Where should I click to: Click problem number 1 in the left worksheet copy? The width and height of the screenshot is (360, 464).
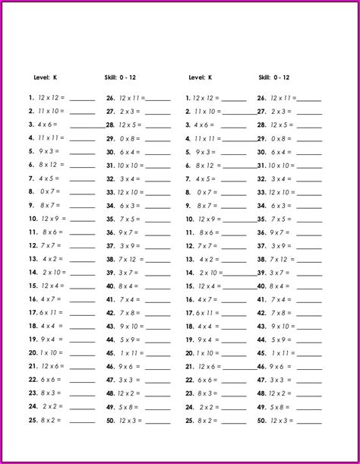coord(31,98)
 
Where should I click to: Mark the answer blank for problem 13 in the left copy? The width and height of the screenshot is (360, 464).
coord(82,259)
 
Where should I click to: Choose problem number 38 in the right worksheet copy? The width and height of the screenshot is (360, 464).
coord(262,259)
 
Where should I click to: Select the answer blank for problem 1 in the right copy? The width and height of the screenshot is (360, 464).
coord(234,99)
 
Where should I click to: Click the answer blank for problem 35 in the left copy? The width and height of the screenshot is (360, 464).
coord(157,219)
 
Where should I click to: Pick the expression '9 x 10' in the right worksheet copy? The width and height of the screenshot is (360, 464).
coord(280,326)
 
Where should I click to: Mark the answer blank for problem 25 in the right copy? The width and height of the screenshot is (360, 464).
coord(234,421)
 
